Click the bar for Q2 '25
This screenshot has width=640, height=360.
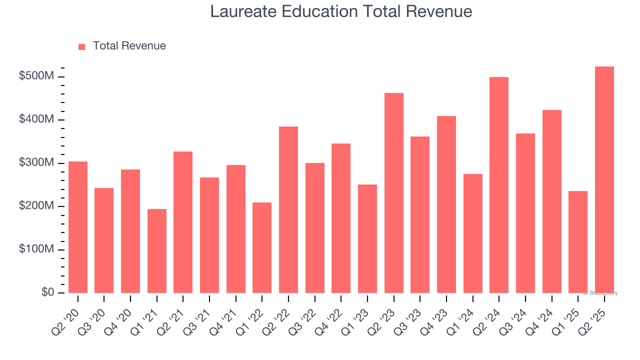point(604,180)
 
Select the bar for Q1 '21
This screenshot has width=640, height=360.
point(157,251)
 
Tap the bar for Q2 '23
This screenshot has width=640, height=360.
point(394,193)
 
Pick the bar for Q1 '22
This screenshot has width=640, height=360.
point(262,247)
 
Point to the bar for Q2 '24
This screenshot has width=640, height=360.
point(499,185)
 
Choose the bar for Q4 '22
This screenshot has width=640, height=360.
point(341,218)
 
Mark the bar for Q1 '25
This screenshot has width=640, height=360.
point(578,242)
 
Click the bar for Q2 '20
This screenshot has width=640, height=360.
point(78,227)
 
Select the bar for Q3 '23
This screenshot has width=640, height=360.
point(420,214)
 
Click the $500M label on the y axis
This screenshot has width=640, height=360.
point(36,76)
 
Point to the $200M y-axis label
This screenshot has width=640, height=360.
point(36,206)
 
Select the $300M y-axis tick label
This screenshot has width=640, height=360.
point(36,163)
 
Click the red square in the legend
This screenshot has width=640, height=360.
point(82,46)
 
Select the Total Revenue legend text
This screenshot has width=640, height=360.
point(129,46)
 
